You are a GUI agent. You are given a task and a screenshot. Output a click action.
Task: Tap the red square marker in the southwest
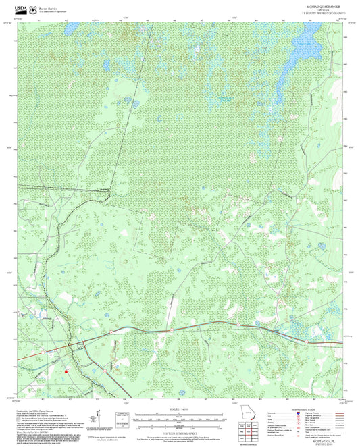pos(66,370)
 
